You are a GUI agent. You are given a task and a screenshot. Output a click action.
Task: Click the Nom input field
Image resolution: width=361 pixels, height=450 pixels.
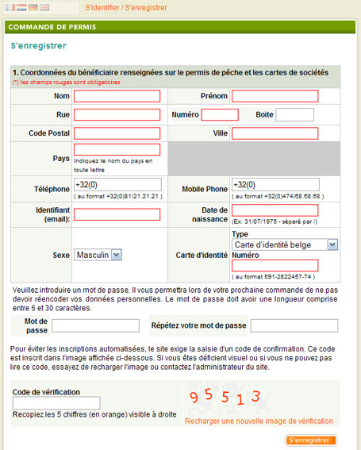(117, 96)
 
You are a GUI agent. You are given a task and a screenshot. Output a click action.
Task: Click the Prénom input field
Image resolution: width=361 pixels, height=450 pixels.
(275, 96)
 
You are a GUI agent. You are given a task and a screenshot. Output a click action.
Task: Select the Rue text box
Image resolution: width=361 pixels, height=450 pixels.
(117, 115)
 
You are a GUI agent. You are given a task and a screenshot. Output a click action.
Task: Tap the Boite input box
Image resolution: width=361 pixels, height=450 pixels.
(294, 115)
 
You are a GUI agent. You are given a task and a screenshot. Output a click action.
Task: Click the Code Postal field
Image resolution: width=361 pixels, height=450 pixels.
(117, 133)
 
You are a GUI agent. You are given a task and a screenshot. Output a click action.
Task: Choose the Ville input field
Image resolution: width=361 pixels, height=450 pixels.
(275, 133)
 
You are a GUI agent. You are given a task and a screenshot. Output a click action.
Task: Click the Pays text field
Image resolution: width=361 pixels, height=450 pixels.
(117, 149)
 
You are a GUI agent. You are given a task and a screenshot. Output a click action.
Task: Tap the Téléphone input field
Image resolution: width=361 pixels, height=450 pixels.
(117, 185)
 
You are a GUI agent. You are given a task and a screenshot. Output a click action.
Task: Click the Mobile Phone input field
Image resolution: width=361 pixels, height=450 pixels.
(275, 185)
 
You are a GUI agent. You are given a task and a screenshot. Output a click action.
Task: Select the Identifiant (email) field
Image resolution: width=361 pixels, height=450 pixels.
(117, 214)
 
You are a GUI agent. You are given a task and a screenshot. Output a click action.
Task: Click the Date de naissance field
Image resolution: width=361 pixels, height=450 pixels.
(275, 210)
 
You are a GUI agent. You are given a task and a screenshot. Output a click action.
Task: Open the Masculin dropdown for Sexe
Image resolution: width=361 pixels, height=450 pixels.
(98, 255)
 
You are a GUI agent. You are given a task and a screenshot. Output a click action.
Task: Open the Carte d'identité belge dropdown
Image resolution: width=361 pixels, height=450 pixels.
(285, 245)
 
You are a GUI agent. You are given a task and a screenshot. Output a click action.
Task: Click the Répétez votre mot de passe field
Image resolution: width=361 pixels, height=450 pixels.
(294, 325)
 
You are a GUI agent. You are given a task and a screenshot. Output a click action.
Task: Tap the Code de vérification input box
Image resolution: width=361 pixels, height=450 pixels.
(56, 403)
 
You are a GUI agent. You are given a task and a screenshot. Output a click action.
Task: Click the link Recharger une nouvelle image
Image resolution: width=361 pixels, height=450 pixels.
(259, 421)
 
